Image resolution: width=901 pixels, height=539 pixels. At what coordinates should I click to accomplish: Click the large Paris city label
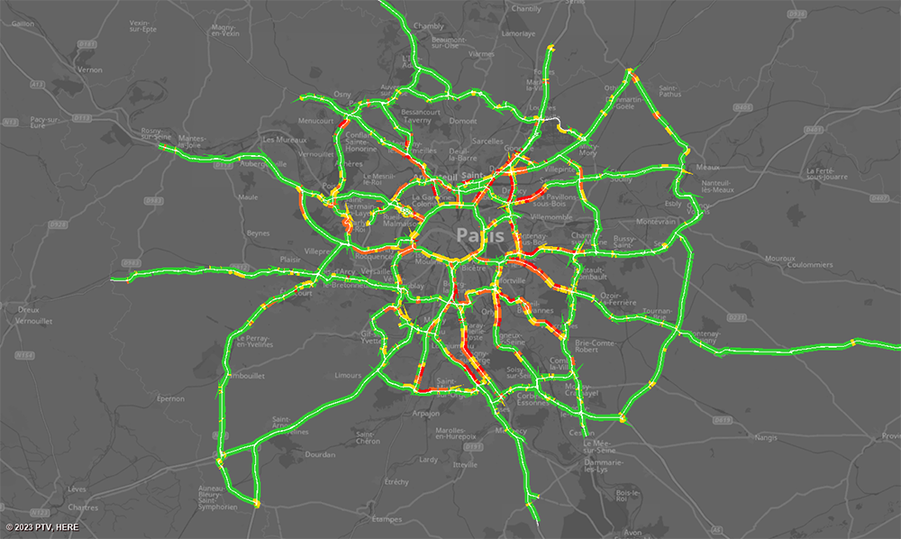coord(476,235)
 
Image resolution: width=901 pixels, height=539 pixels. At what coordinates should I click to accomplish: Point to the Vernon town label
coord(90,69)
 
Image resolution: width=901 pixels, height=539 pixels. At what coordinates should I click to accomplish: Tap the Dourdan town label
coord(320,454)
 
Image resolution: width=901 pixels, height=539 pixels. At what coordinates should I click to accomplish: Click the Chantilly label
coord(526,8)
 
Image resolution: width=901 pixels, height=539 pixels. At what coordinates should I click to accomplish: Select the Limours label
coord(347,374)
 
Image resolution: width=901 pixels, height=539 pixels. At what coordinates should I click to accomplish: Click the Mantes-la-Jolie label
coord(191,142)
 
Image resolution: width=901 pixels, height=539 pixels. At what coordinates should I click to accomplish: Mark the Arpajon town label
coord(426,414)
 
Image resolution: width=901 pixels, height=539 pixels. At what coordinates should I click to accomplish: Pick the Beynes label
coord(258,233)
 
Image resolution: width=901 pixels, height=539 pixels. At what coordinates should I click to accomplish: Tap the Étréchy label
coord(396,482)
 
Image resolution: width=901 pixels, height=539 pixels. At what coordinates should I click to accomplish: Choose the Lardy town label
coord(429,460)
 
